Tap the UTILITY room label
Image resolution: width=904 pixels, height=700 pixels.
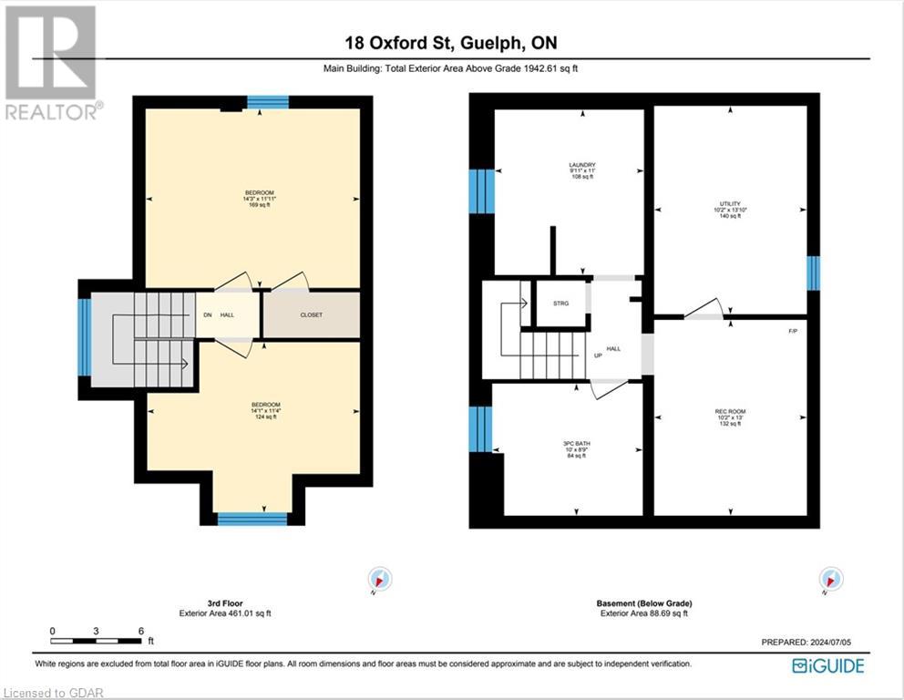730,210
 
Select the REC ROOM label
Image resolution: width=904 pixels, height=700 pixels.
730,417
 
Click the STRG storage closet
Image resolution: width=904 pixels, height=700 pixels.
560,304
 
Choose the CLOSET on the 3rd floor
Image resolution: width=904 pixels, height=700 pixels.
311,314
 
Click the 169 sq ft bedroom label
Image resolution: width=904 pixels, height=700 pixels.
258,198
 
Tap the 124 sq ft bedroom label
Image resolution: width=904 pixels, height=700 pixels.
265,409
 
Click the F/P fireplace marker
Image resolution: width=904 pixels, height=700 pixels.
793,330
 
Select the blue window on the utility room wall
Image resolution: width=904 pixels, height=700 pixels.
813,273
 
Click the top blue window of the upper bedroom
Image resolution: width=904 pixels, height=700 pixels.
268,102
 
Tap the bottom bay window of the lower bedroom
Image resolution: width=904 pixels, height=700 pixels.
252,519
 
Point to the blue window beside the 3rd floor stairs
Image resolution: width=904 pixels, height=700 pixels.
84,337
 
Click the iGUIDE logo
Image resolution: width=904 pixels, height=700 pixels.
827,665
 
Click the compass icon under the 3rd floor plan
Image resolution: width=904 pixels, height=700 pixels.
380,579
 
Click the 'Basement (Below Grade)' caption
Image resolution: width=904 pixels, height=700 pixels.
644,603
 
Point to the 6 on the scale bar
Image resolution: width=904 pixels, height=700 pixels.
140,631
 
